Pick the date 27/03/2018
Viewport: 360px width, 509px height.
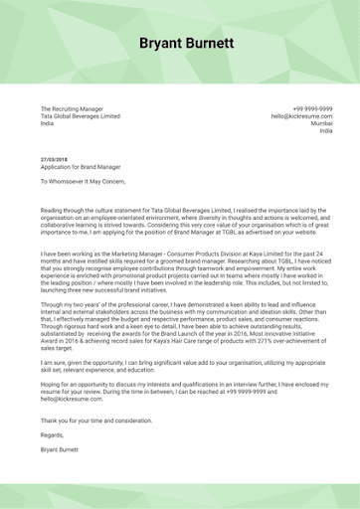[x=54, y=159]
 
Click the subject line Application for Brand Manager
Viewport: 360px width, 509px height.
[x=82, y=167]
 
